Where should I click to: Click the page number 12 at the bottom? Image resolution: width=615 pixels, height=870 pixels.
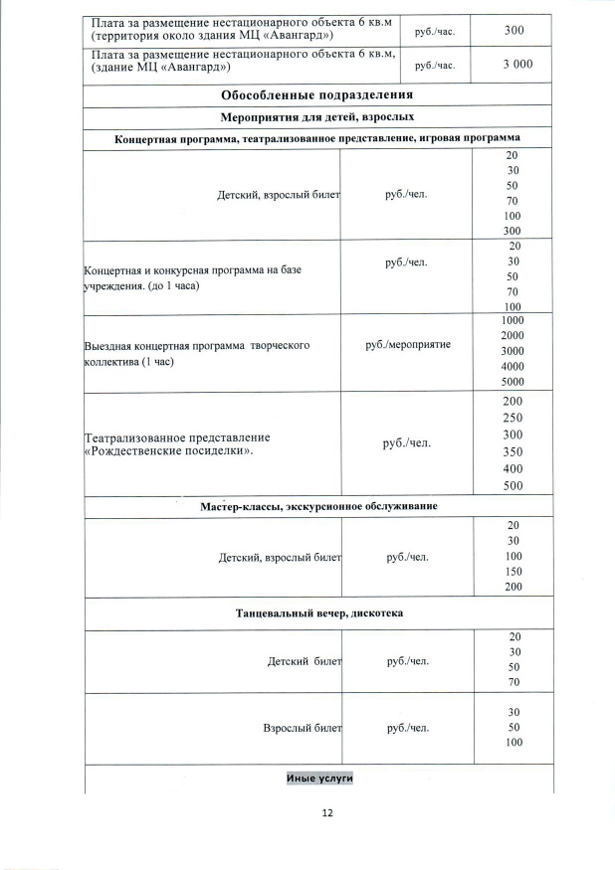[327, 812]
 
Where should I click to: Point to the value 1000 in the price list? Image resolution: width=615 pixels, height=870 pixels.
[512, 321]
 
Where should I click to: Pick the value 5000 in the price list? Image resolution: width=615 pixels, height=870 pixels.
[512, 382]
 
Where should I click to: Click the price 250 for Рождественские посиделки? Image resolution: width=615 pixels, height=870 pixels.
[512, 418]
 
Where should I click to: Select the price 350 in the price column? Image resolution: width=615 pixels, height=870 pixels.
[512, 451]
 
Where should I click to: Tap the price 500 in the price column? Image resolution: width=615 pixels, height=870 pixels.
[512, 486]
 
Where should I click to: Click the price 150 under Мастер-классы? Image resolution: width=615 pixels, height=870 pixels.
[512, 572]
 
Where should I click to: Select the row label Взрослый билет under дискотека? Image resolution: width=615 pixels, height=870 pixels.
[302, 728]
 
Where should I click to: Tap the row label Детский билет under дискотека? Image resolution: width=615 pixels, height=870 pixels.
[305, 660]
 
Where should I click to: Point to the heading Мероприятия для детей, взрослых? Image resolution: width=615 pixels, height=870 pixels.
[317, 118]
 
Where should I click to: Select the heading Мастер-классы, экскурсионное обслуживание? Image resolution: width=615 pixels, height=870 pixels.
[318, 506]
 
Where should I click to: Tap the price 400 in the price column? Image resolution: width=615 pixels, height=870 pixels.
[512, 468]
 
